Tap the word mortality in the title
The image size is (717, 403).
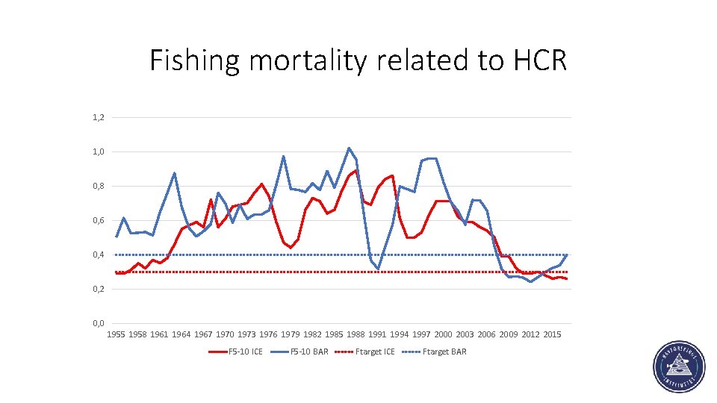click(308, 61)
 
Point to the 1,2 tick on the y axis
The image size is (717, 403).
click(99, 118)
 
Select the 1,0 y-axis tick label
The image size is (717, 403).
click(99, 152)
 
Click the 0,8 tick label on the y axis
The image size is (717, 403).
click(99, 187)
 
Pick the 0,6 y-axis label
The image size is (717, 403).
click(99, 221)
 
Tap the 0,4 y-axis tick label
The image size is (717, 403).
click(99, 255)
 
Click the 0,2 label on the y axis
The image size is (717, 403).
click(99, 290)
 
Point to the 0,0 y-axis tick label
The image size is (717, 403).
click(99, 323)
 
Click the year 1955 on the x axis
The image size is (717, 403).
click(116, 335)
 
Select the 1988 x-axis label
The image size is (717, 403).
click(356, 335)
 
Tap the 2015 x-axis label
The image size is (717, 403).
click(552, 335)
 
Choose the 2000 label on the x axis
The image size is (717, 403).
click(443, 335)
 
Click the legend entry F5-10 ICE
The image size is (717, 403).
click(246, 352)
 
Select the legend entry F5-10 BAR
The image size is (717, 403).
click(309, 352)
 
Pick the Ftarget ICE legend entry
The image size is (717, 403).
click(375, 352)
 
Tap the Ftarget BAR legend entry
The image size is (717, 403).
click(444, 352)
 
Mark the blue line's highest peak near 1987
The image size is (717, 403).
click(349, 148)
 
